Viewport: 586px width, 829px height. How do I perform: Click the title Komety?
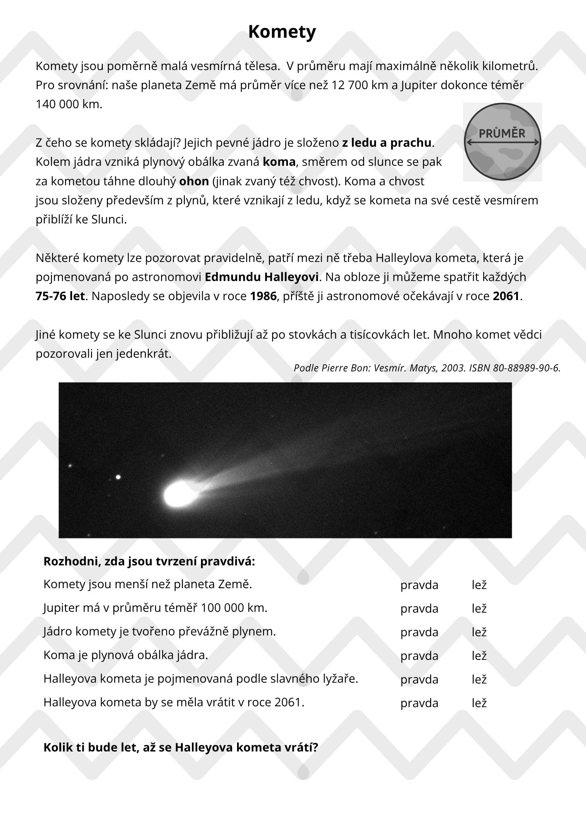tap(282, 32)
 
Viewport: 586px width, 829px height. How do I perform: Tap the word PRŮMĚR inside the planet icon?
tap(502, 133)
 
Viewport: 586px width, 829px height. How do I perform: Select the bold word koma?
tap(279, 162)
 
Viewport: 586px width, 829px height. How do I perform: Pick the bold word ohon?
tap(194, 182)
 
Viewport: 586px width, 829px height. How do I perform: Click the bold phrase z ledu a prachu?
tap(387, 143)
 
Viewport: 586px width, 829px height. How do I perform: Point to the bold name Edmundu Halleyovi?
tap(262, 277)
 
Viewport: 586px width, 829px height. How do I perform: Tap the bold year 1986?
tap(263, 296)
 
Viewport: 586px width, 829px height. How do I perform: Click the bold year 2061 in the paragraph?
tap(506, 296)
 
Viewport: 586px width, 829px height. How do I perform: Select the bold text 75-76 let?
tap(61, 296)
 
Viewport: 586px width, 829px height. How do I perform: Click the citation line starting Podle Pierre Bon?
tap(427, 368)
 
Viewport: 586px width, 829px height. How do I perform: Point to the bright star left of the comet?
tap(118, 477)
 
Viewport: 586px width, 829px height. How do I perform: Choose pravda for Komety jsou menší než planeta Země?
tap(419, 585)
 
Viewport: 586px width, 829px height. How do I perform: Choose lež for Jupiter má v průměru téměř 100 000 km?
tap(479, 608)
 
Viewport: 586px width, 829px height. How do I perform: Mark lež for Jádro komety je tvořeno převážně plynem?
tap(479, 632)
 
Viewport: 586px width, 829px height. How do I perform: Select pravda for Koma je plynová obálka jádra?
tap(419, 656)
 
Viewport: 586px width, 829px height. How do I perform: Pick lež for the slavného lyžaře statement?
tap(479, 679)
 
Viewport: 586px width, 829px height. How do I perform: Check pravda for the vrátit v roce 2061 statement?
tap(419, 703)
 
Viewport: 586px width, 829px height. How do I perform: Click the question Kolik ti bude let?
tap(181, 748)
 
